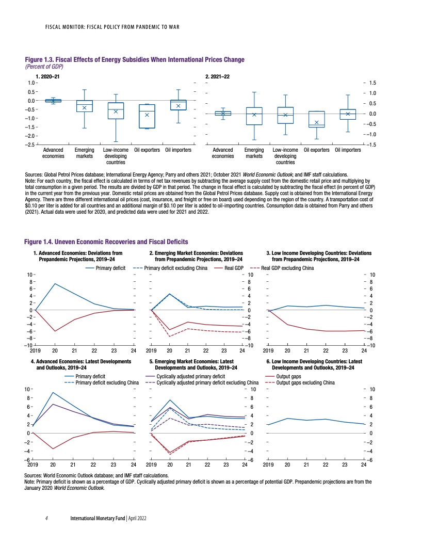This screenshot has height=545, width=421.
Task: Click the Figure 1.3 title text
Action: click(x=134, y=60)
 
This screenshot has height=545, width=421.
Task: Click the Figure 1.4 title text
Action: click(x=106, y=242)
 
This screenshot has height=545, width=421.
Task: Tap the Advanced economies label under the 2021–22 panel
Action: click(x=223, y=153)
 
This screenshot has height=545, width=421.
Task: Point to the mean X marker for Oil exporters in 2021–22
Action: click(x=317, y=122)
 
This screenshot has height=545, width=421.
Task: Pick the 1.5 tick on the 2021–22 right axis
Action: click(x=374, y=83)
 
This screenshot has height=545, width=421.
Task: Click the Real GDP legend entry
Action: click(x=234, y=268)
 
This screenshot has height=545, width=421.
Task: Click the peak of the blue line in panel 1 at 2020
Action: click(x=55, y=283)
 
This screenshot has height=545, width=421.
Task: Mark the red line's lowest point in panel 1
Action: click(x=55, y=331)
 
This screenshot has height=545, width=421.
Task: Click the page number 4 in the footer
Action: click(x=46, y=517)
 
